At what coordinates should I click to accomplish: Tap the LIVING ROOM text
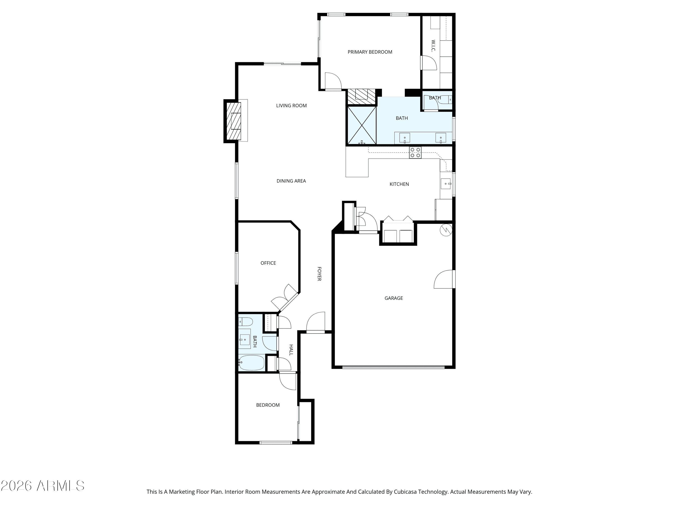tap(291, 106)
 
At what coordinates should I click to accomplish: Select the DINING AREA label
tap(291, 181)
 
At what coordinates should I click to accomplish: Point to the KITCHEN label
tap(399, 184)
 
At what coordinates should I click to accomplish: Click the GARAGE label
tap(394, 298)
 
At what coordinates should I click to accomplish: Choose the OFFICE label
tap(268, 263)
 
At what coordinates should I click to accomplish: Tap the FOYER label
tap(319, 274)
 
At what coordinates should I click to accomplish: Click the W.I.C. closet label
tap(433, 46)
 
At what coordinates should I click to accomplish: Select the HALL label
tap(291, 350)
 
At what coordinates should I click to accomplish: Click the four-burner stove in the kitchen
tap(415, 152)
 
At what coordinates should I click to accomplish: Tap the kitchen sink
tap(446, 184)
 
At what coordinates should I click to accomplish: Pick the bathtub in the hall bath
tap(252, 363)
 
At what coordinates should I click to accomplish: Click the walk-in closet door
tap(429, 63)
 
